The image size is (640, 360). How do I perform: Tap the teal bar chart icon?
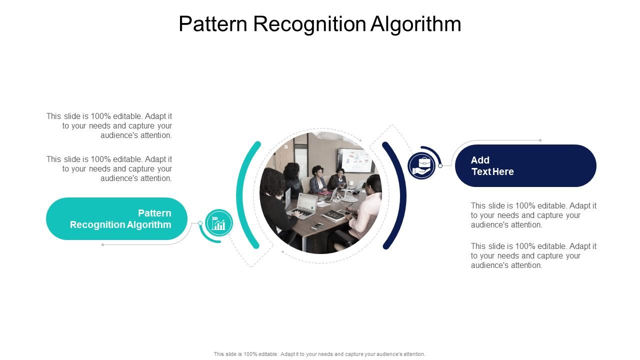[x=219, y=223]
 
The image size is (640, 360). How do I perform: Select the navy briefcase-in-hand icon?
[x=421, y=165]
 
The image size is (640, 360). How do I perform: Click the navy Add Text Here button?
[x=525, y=165]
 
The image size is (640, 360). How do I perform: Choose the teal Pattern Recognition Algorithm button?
[x=116, y=218]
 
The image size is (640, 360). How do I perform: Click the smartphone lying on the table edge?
[x=317, y=226]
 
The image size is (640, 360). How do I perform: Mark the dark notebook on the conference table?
[x=332, y=215]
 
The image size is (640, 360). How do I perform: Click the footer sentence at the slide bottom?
[x=319, y=354]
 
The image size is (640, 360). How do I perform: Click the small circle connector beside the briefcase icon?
[x=440, y=165]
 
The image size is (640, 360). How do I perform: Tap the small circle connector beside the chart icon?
[x=200, y=223]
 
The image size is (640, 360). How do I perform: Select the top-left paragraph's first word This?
[x=54, y=116]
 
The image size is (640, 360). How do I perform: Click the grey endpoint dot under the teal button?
[x=103, y=244]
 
